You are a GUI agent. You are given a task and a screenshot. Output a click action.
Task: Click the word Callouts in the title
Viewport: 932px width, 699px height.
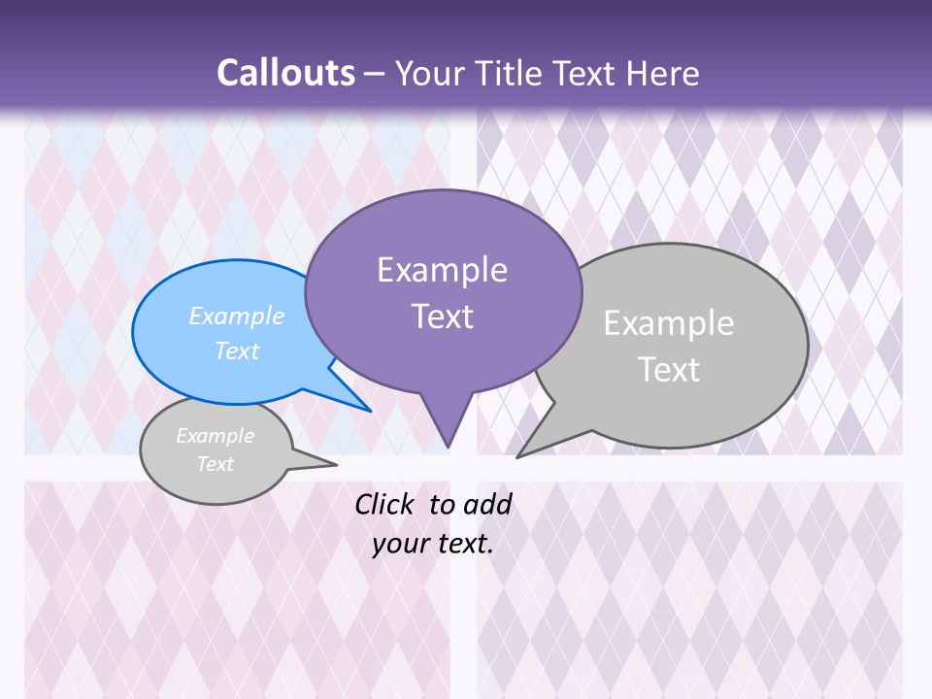click(x=285, y=73)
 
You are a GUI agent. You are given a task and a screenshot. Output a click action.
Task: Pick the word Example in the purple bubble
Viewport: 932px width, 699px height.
click(x=442, y=270)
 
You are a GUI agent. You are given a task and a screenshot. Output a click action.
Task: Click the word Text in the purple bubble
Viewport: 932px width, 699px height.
click(x=442, y=316)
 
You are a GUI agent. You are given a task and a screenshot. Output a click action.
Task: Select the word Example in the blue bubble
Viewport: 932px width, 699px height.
click(x=237, y=316)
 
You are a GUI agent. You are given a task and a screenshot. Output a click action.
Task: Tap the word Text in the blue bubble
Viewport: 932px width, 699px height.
click(x=237, y=350)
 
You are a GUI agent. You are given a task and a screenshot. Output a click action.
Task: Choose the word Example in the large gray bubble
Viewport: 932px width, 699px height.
click(x=669, y=323)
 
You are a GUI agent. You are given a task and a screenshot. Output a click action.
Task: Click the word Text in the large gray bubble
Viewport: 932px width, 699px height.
click(x=669, y=370)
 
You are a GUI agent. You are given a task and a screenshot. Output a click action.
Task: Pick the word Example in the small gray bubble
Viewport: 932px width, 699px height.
click(x=215, y=436)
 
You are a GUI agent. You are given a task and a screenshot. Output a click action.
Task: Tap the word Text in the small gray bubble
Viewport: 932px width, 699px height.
click(x=215, y=464)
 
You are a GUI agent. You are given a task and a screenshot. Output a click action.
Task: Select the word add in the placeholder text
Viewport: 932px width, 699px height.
click(x=486, y=504)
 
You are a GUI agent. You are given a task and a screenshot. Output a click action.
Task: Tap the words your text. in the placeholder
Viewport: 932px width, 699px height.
click(x=433, y=544)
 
